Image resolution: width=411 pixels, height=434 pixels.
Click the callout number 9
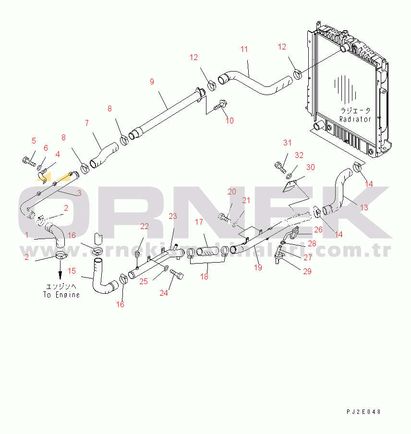pos(152,82)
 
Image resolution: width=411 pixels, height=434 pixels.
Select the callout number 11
pos(244,49)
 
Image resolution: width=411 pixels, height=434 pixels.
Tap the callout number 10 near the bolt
pos(230,121)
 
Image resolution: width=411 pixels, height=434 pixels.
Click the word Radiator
pos(355,119)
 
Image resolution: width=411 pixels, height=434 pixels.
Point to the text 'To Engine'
pos(61,295)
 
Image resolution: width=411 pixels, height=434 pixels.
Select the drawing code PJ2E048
pos(364,412)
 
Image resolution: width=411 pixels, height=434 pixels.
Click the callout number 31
pos(287,143)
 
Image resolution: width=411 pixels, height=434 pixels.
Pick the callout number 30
pos(311,167)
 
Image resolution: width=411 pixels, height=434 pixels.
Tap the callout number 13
pos(364,207)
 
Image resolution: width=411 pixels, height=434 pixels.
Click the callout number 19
pos(258,267)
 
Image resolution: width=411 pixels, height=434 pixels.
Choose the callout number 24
pos(164,293)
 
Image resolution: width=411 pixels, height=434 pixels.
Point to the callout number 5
pos(34,141)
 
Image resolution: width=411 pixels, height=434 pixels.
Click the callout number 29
pos(307,271)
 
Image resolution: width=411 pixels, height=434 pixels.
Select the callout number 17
pos(200,222)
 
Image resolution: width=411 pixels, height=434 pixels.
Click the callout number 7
pos(86,123)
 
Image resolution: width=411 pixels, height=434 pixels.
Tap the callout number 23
pos(173,216)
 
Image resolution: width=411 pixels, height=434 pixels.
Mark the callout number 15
pos(72,271)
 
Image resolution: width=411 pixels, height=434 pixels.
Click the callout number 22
pos(145,226)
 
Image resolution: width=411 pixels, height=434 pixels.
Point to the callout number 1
pos(27,235)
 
